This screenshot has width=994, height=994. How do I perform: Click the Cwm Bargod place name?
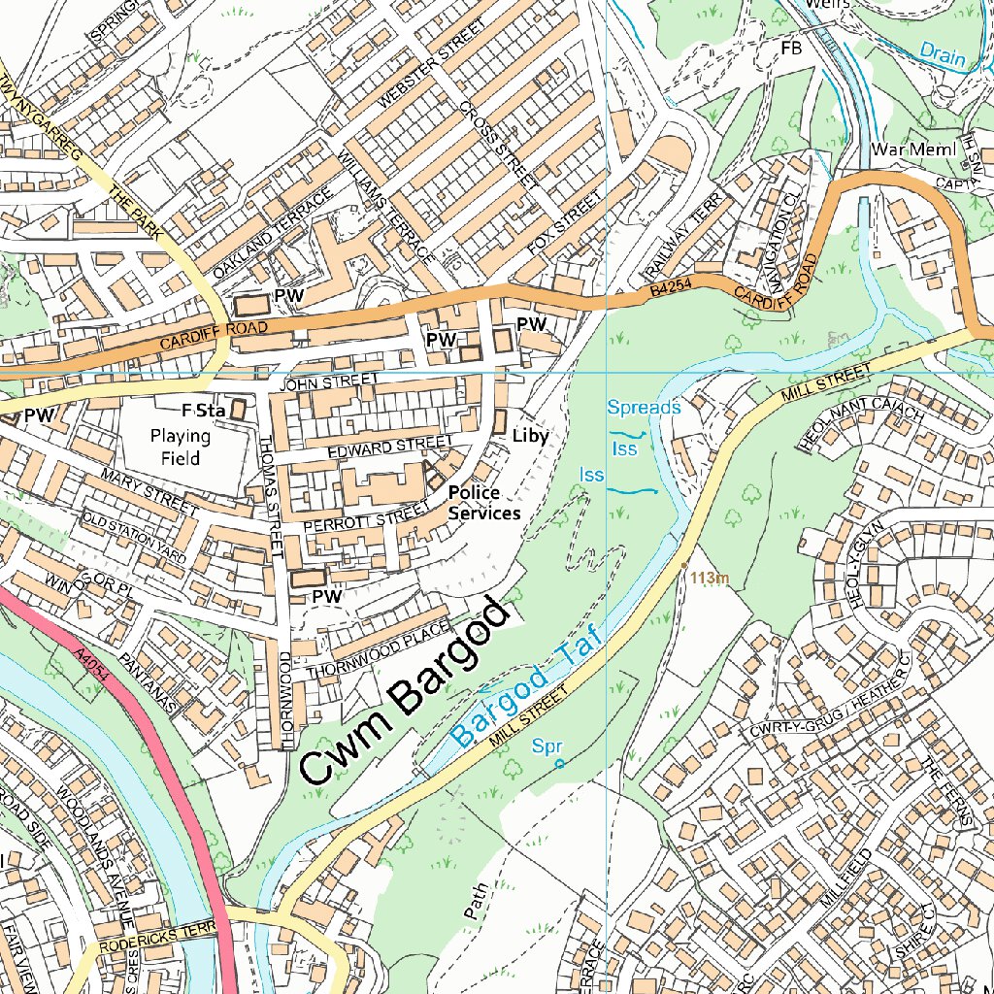tap(406, 691)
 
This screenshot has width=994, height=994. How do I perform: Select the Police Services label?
tap(483, 503)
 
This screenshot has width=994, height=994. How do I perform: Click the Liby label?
tap(530, 437)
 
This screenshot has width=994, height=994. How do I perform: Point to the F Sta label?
tap(203, 412)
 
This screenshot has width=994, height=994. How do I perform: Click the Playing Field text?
tap(181, 447)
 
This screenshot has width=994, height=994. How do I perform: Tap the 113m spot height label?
tap(710, 579)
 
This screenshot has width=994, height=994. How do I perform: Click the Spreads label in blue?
tap(644, 407)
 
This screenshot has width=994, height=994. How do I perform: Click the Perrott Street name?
tap(365, 517)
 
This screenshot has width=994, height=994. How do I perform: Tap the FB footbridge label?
tap(789, 48)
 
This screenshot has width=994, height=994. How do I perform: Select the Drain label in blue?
tap(942, 54)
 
